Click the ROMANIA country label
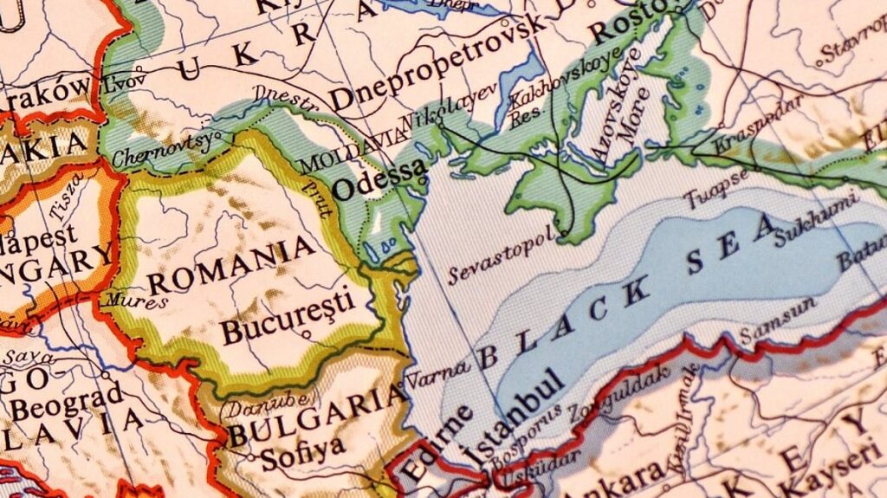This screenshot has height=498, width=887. point(231,266)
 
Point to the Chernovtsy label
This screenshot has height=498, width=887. point(162,150)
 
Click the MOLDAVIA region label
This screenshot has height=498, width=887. point(352,150)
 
